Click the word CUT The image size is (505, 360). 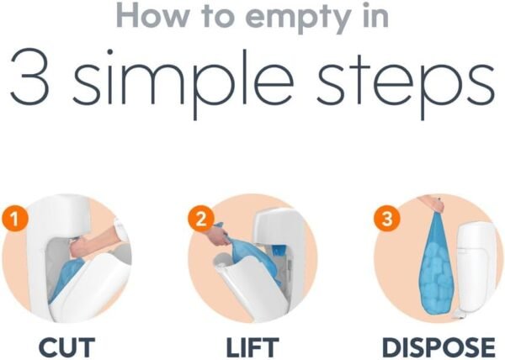(x=66, y=347)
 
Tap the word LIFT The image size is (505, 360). (x=252, y=347)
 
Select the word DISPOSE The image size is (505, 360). (x=439, y=347)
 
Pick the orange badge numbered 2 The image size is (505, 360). (x=200, y=219)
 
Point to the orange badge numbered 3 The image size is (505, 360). (x=387, y=219)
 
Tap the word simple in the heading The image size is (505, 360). (x=183, y=81)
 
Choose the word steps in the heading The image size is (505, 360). (x=405, y=82)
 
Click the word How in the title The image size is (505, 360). (x=152, y=16)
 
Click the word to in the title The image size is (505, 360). (x=218, y=17)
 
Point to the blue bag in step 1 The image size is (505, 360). (x=66, y=279)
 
